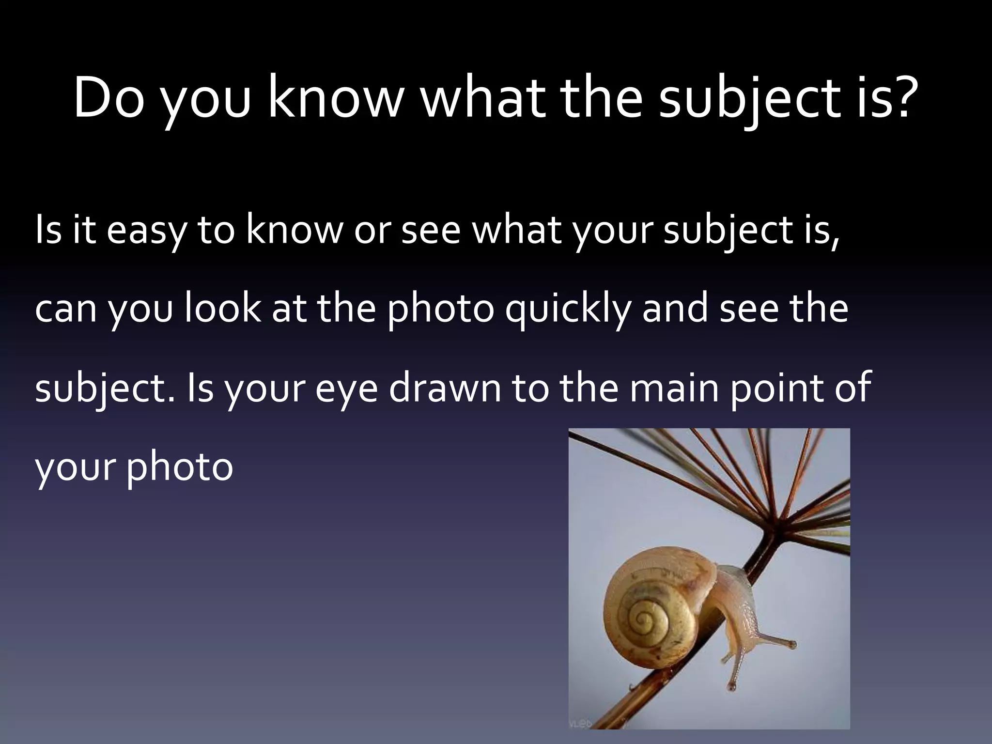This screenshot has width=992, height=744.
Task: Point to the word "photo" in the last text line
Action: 180,467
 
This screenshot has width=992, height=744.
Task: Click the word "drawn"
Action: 445,388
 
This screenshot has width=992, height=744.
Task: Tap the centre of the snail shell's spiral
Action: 645,618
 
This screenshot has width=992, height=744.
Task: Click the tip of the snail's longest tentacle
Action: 792,645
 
